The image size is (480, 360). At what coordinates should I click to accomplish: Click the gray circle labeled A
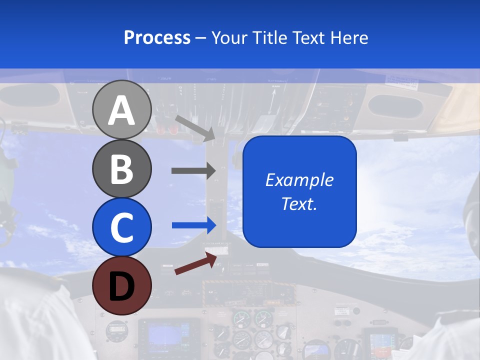[121, 109]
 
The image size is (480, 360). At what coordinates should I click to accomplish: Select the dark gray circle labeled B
[121, 168]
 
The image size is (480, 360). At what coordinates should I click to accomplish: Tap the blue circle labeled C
[121, 227]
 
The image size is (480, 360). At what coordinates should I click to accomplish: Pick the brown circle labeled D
[121, 286]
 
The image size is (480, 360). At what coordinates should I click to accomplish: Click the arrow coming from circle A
[194, 127]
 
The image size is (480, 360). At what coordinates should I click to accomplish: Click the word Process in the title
[157, 38]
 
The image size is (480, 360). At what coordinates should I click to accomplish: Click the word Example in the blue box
[299, 180]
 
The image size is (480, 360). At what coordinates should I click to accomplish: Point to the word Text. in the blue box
[299, 203]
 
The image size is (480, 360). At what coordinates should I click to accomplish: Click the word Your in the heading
[230, 38]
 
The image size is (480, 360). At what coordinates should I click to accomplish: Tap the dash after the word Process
[201, 38]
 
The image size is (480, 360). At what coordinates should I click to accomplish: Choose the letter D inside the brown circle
[121, 287]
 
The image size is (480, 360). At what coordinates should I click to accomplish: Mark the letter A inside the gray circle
[121, 110]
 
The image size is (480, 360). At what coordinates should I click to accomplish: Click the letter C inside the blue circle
[121, 228]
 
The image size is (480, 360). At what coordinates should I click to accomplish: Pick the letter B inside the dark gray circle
[121, 169]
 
